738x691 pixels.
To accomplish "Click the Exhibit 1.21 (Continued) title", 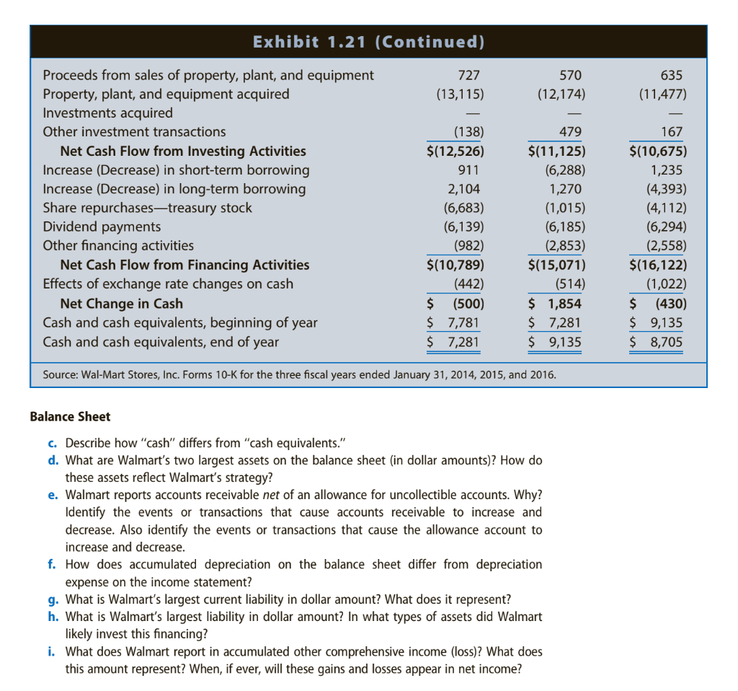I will point(368,42).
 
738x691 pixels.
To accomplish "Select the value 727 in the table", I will point(468,75).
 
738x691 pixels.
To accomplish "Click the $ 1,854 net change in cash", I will point(555,304).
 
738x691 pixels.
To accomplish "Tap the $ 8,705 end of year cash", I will point(657,342).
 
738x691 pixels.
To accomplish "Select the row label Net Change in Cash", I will point(121,304).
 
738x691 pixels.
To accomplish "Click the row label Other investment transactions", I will point(134,132).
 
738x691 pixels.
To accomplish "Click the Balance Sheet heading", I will point(70,417).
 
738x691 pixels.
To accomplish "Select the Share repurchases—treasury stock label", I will point(148,208).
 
